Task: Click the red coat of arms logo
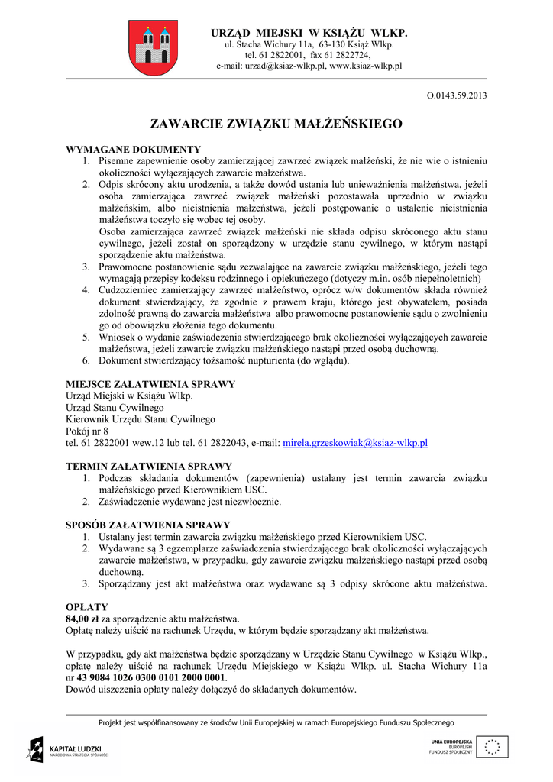153,47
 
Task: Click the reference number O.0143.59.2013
457,95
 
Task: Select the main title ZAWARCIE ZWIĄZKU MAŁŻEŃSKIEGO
276,123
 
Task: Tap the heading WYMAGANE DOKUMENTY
134,149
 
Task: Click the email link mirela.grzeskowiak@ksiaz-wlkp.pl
355,443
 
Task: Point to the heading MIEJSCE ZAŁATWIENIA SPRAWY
150,384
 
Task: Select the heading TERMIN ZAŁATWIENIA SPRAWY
149,466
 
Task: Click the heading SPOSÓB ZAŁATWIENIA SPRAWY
148,525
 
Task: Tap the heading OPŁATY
87,606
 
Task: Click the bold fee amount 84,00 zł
82,619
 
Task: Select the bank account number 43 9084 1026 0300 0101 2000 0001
151,677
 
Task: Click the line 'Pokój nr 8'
88,431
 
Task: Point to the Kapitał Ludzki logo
70,749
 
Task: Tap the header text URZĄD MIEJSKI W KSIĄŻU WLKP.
309,33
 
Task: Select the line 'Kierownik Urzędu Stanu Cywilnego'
141,419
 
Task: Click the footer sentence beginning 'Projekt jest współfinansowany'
276,722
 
